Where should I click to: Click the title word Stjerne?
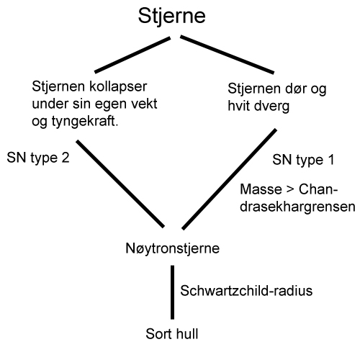tap(172, 17)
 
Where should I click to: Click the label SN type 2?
tap(38, 158)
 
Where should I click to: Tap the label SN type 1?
tap(303, 160)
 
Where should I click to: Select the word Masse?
tap(261, 189)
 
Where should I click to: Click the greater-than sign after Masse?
tap(290, 189)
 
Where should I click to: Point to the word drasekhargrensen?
tap(297, 207)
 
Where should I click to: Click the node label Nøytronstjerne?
tap(173, 248)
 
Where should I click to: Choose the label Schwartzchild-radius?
tap(246, 291)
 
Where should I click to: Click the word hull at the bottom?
tap(187, 333)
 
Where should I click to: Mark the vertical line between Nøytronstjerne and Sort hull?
tap(172, 292)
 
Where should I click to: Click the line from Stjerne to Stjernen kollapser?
tap(132, 55)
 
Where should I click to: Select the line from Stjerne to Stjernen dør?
tap(227, 55)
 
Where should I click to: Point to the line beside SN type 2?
tap(120, 184)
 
